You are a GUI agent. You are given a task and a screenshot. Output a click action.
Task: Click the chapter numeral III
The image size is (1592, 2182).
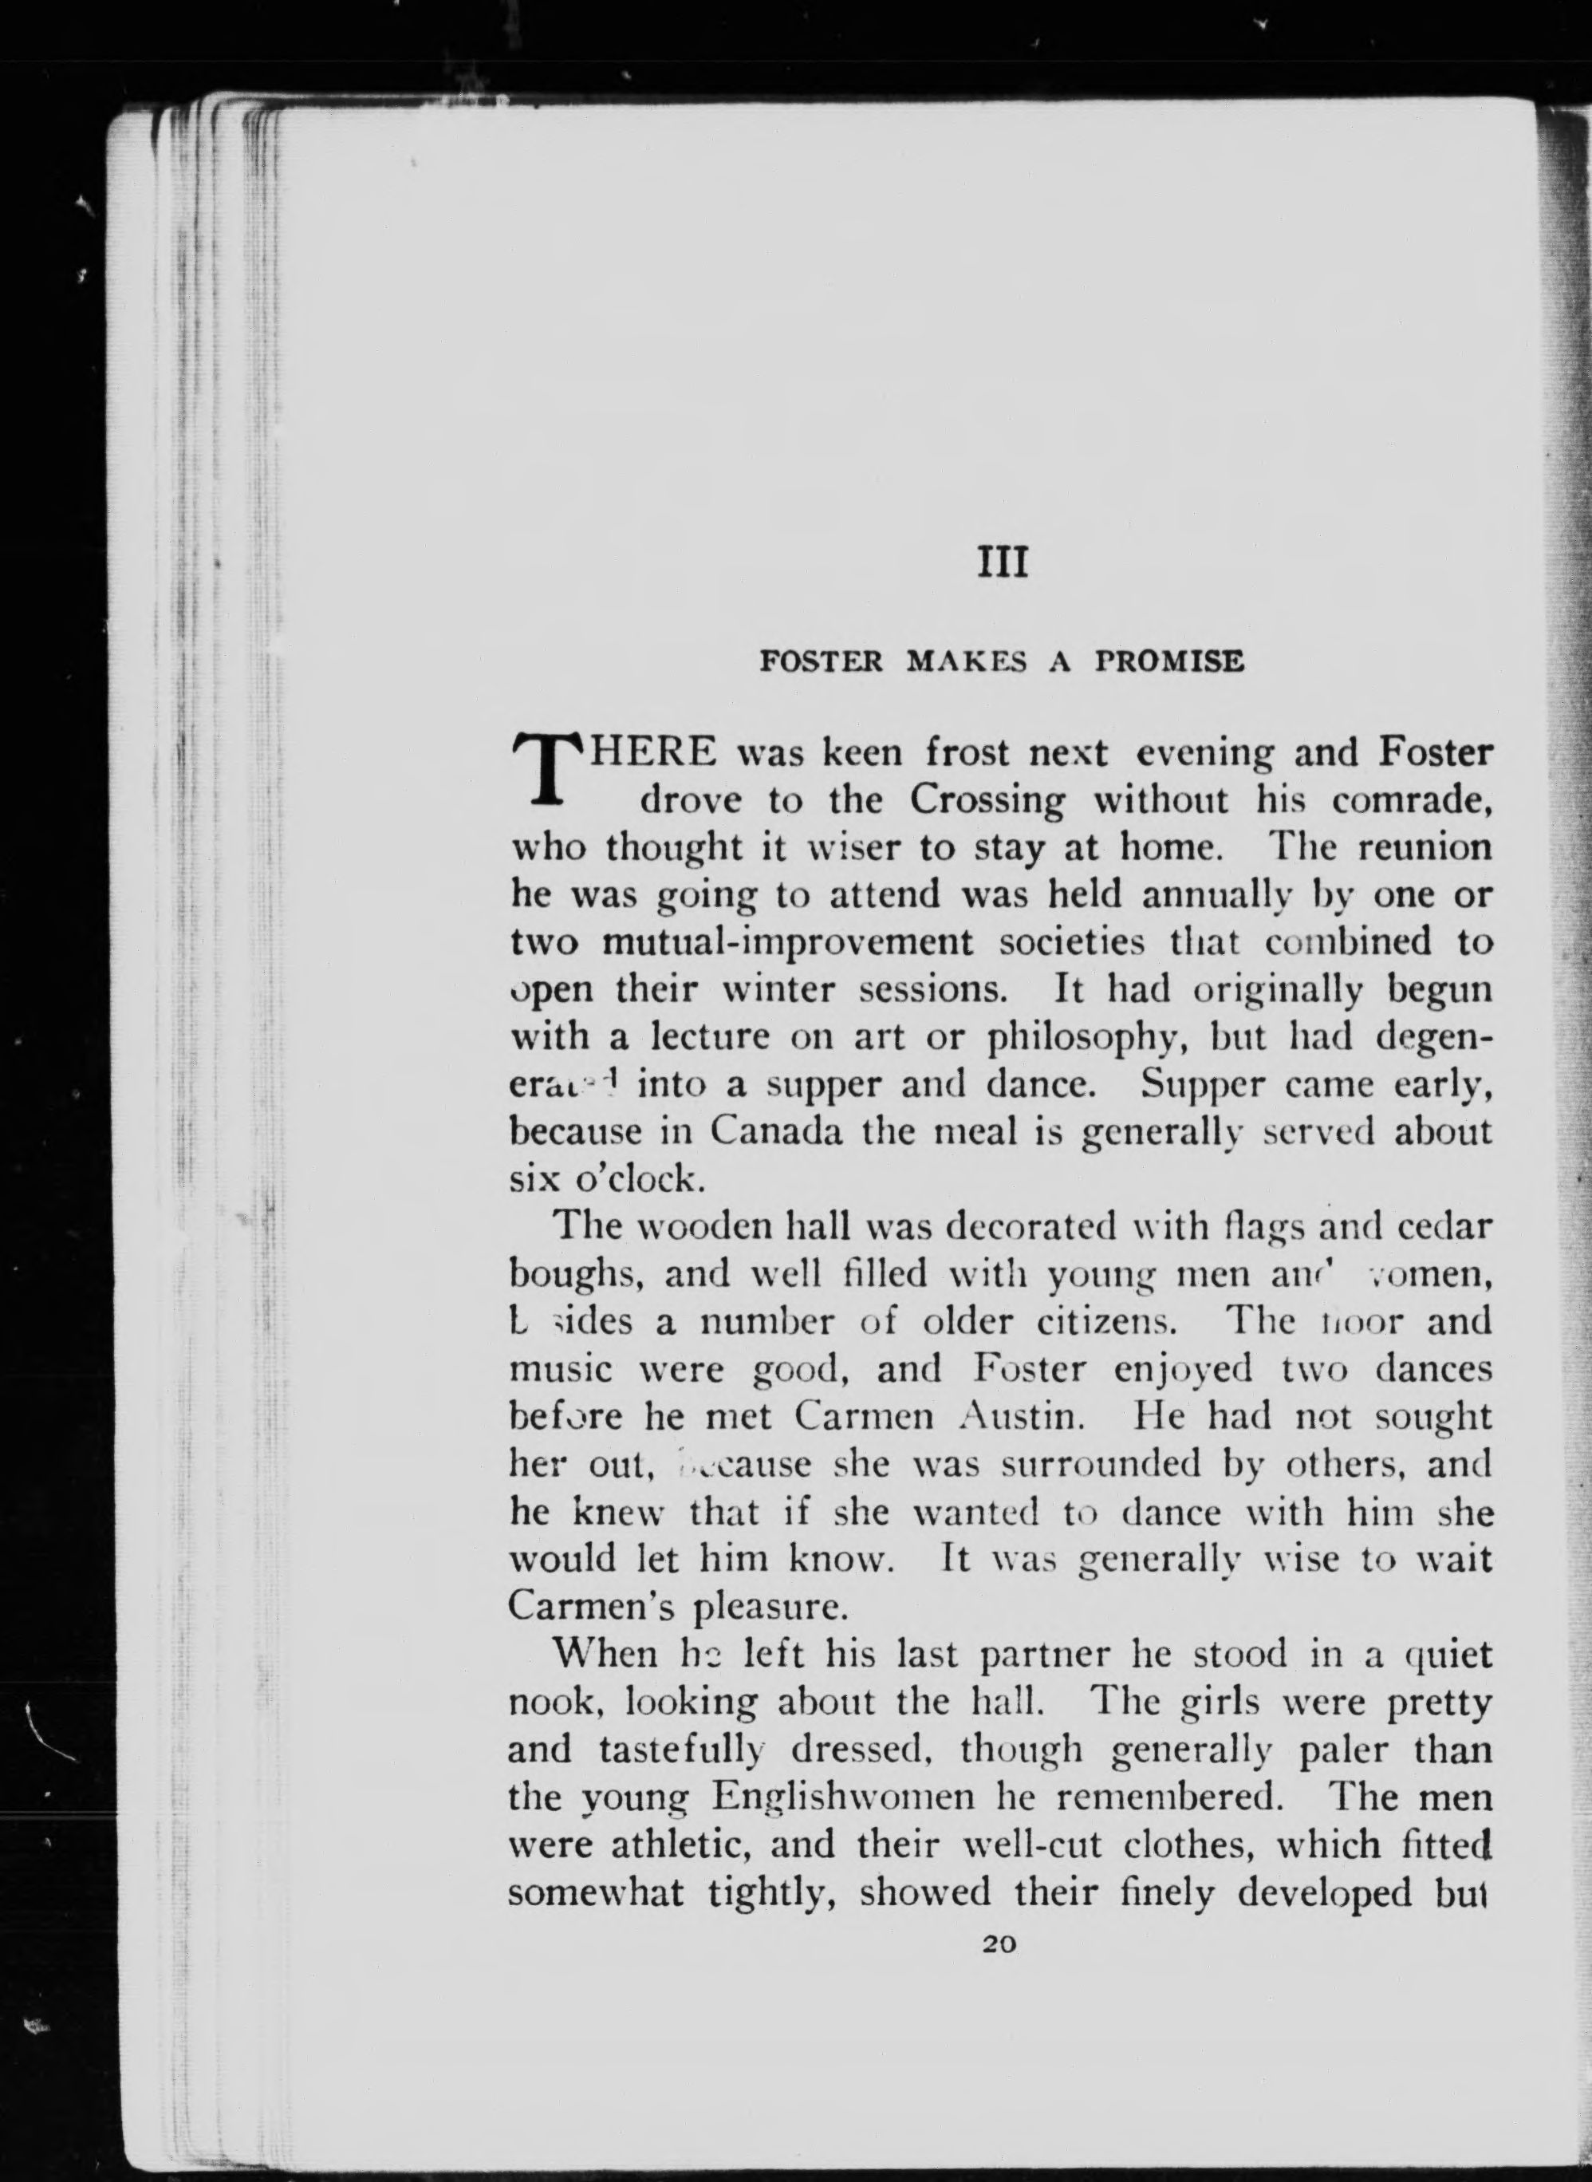(1003, 562)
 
